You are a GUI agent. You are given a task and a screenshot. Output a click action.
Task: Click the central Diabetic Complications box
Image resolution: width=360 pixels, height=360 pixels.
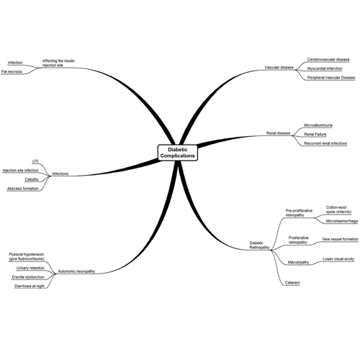click(x=178, y=153)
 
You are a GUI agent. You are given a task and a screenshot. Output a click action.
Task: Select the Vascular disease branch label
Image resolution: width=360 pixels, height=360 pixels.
click(x=279, y=68)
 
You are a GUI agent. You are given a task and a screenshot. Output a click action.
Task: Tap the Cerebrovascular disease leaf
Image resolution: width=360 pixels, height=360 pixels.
click(x=328, y=60)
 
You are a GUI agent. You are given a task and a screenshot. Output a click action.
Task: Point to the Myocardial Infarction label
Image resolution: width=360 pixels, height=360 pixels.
click(x=325, y=68)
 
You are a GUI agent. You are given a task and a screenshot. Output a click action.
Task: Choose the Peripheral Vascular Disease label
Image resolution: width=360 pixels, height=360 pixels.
click(x=331, y=78)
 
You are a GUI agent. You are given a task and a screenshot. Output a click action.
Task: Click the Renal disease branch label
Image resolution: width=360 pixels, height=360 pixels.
click(x=278, y=133)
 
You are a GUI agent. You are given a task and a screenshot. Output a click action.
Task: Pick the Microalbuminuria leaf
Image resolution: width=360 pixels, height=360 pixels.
click(x=318, y=125)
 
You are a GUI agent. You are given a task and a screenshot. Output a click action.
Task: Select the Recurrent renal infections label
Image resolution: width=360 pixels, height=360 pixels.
click(x=325, y=143)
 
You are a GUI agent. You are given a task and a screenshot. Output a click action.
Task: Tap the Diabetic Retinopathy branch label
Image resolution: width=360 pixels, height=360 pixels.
click(x=259, y=246)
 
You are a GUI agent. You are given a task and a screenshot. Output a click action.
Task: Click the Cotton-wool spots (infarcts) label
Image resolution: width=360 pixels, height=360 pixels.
click(x=338, y=210)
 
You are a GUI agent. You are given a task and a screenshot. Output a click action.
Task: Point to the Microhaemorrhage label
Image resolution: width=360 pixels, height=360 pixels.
click(x=342, y=221)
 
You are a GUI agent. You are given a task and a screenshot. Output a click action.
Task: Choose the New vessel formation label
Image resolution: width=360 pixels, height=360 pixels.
click(x=341, y=239)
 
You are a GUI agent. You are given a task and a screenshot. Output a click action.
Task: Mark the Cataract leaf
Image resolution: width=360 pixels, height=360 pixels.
click(x=292, y=283)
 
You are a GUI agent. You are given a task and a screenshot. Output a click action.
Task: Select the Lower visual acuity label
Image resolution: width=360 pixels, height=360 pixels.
click(x=338, y=259)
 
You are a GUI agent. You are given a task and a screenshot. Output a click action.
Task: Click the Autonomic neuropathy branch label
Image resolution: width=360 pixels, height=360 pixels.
click(x=76, y=271)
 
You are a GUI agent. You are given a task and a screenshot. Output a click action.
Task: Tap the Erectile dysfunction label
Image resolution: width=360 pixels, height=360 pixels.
click(x=28, y=277)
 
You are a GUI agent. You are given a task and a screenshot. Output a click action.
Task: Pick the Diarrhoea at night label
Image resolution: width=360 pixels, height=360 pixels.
click(x=30, y=287)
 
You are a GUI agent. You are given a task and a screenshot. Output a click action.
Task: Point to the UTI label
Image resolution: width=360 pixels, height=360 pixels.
click(x=35, y=162)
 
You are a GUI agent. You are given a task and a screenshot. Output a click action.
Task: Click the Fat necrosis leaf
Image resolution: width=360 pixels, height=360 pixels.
click(x=12, y=72)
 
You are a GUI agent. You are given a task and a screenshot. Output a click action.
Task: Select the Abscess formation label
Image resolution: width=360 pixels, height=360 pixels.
click(x=23, y=189)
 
